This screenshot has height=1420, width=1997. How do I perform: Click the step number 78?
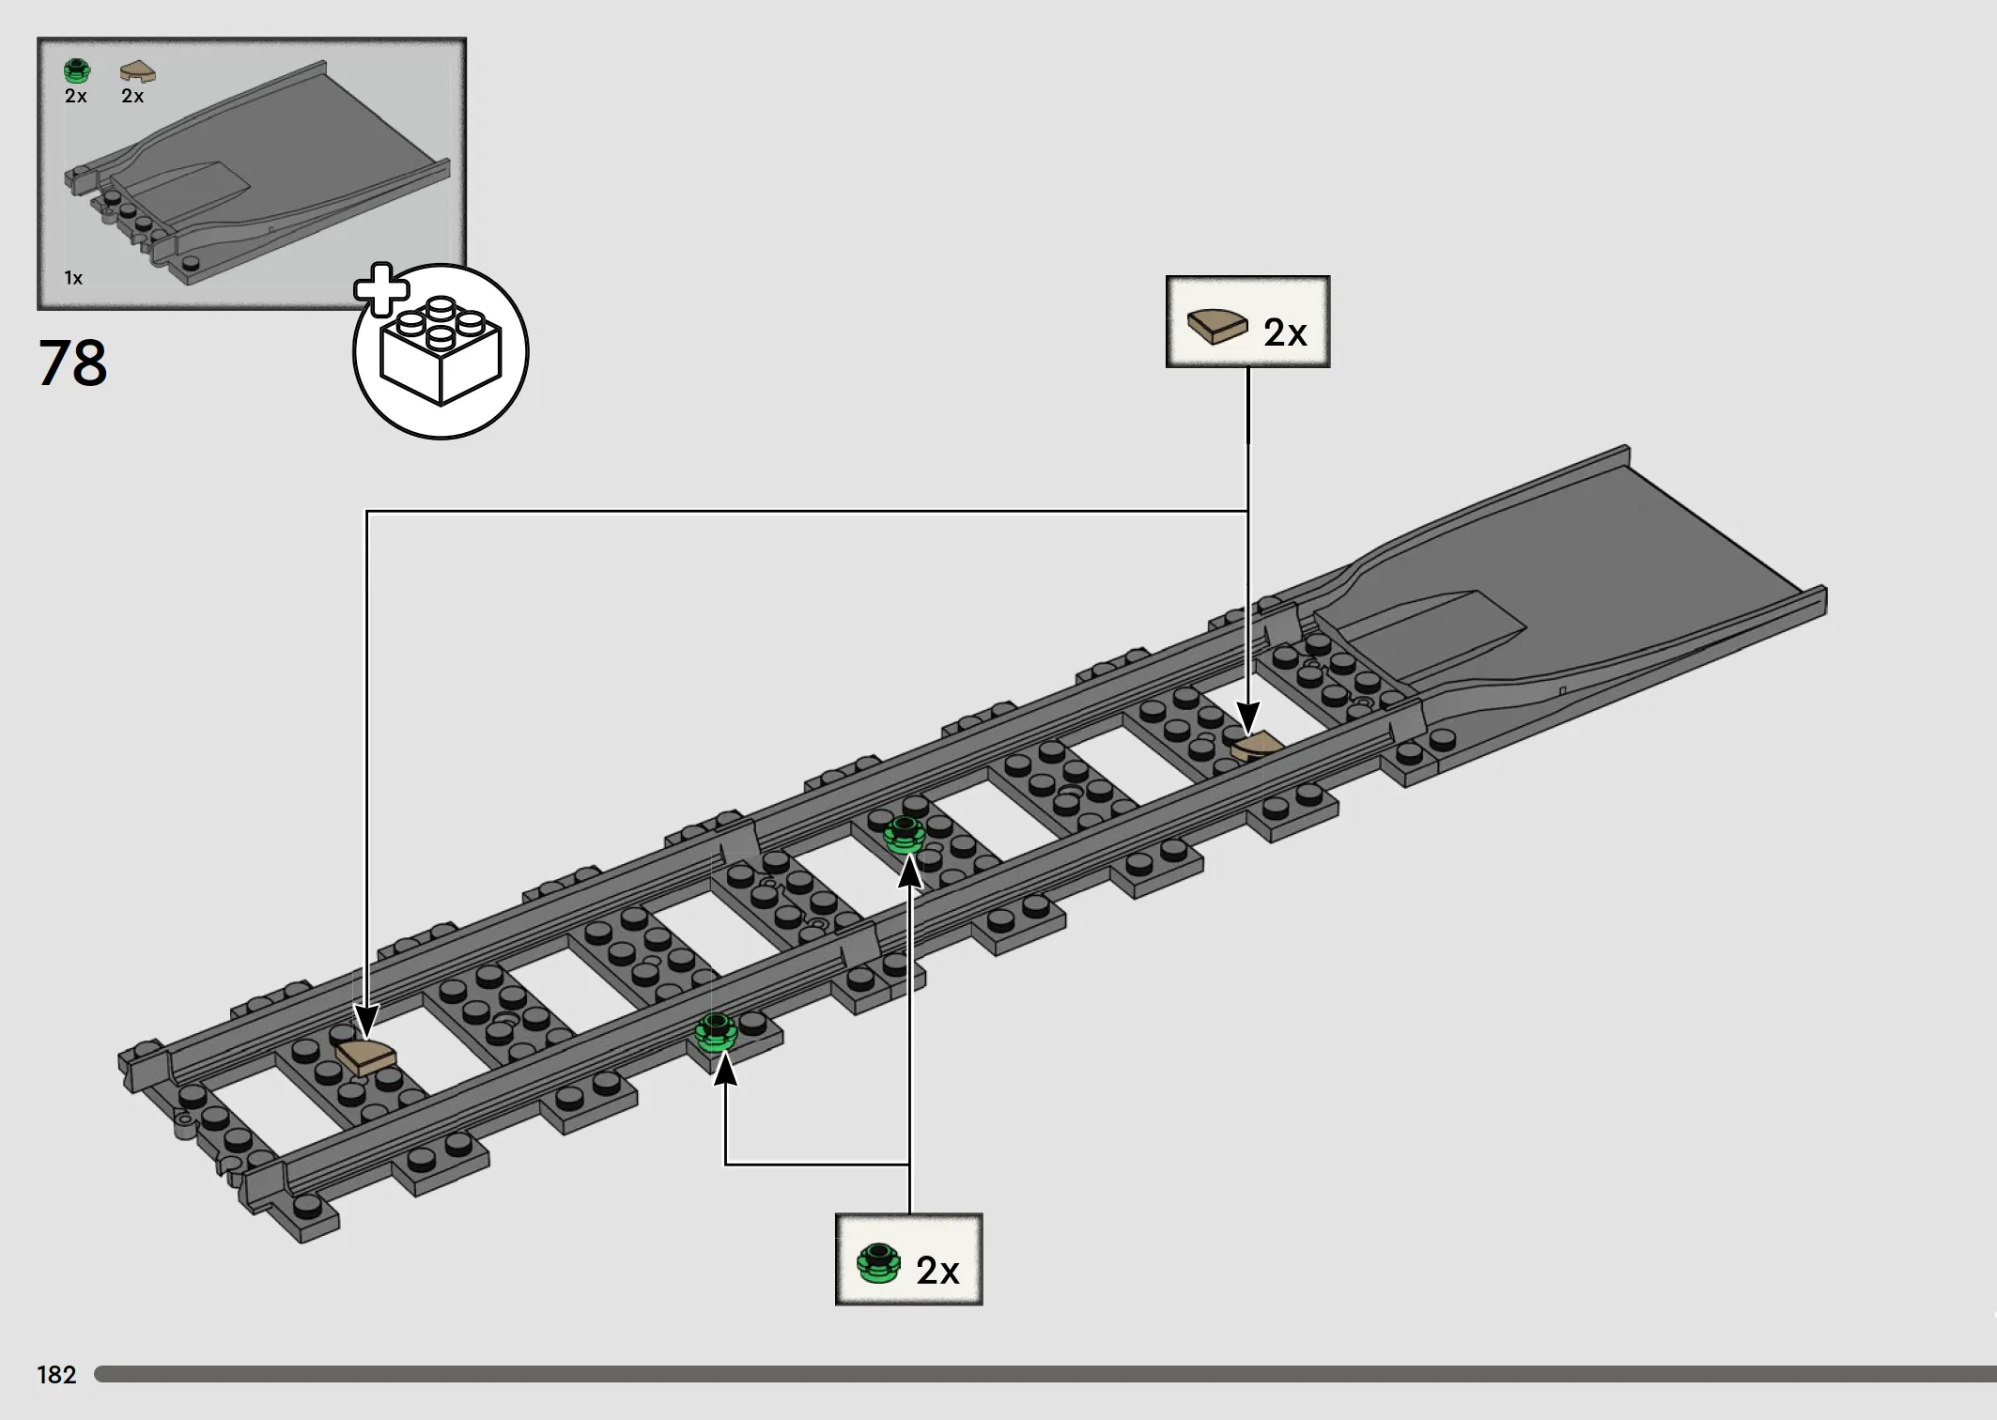72,363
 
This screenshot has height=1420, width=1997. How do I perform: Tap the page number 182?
56,1375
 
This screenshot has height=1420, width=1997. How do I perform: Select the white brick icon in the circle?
441,351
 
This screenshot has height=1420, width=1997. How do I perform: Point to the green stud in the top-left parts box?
77,70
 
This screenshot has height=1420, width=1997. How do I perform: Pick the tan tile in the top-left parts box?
138,71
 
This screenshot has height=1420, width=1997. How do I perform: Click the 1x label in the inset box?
73,278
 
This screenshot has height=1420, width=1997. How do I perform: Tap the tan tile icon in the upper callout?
1216,326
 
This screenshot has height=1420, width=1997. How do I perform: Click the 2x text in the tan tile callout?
1285,332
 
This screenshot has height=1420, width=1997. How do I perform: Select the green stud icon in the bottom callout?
878,1264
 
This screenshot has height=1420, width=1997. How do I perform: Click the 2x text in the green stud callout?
937,1270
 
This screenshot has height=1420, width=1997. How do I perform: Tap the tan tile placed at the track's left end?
365,1056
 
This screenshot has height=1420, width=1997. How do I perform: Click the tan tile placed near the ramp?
1256,747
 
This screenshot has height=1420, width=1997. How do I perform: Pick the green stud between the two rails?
905,834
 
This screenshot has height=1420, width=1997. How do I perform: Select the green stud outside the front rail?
716,1032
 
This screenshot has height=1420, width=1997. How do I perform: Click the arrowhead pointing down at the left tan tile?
365,1020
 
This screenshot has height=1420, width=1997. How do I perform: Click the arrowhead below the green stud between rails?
909,871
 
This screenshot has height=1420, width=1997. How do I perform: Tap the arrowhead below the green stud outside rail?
724,1069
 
